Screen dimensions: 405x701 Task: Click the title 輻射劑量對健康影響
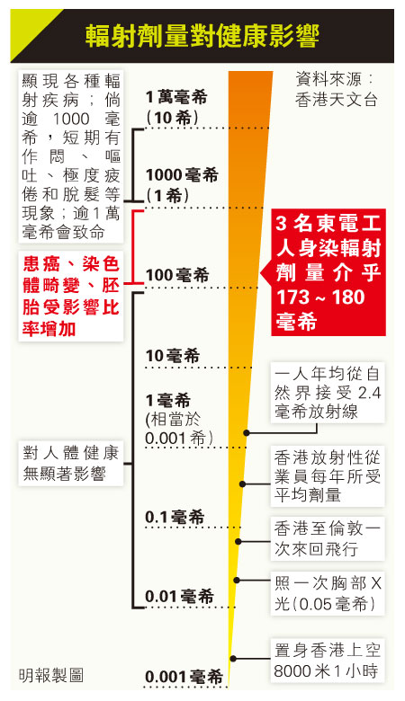[202, 36]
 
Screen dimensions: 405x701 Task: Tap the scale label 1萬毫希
[176, 97]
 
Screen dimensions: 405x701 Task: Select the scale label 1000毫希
[182, 175]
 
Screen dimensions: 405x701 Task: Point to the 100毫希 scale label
[177, 274]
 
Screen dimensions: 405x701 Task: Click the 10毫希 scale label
[172, 355]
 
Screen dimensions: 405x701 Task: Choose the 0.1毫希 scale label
[175, 517]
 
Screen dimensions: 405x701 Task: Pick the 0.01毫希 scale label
[179, 596]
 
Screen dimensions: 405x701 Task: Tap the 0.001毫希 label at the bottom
[184, 677]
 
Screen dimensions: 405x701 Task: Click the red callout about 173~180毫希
[328, 272]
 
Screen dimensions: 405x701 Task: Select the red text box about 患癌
[71, 296]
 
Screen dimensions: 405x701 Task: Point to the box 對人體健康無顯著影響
[71, 463]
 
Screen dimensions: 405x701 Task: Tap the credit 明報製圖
[51, 675]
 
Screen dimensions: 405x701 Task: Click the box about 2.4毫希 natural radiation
[328, 393]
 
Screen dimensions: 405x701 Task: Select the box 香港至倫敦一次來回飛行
[328, 538]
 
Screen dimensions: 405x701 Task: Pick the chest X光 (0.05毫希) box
[328, 593]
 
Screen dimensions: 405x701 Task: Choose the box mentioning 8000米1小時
[328, 661]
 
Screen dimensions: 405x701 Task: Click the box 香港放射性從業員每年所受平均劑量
[328, 476]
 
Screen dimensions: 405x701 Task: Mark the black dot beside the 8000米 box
[233, 659]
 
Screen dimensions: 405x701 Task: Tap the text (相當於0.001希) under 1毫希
[179, 429]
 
